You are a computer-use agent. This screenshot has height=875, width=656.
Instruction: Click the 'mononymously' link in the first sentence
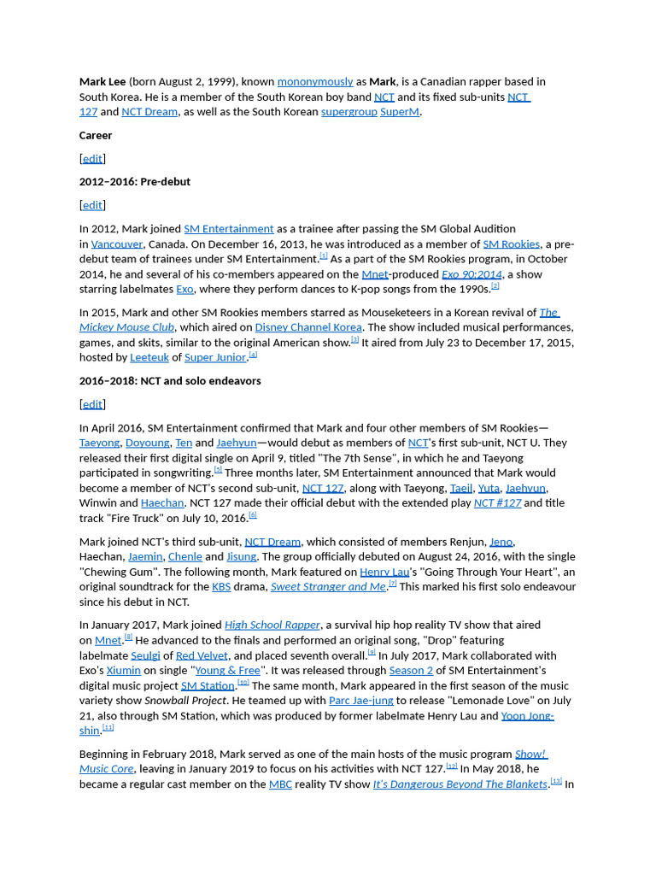click(x=314, y=82)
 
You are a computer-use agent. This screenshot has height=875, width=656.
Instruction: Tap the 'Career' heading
click(x=96, y=135)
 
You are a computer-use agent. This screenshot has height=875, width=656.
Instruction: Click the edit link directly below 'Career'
click(x=92, y=159)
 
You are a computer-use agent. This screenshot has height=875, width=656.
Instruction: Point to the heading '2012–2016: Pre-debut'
click(x=135, y=182)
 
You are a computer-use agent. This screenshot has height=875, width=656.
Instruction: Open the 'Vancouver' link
click(x=117, y=244)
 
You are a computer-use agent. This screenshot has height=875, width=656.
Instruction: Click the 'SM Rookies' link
click(x=511, y=244)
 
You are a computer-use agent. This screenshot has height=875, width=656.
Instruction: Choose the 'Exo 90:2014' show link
click(x=471, y=274)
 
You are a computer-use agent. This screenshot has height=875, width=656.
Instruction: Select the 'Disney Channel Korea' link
click(x=308, y=327)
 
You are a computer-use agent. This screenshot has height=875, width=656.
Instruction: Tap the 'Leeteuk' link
click(x=149, y=358)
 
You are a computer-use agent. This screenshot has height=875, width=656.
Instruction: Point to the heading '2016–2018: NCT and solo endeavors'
click(x=170, y=381)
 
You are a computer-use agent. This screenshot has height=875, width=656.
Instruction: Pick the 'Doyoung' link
click(x=147, y=443)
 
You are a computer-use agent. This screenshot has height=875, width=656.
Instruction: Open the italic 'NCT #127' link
click(x=497, y=503)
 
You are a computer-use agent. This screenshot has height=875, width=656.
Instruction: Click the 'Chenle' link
click(x=185, y=557)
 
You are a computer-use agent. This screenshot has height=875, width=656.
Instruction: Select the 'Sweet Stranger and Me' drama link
click(x=328, y=587)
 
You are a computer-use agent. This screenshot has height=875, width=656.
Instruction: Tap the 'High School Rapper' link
click(x=272, y=625)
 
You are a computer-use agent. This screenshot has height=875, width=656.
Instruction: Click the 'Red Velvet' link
click(x=202, y=656)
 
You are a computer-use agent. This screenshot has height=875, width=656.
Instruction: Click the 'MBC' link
click(x=280, y=784)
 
